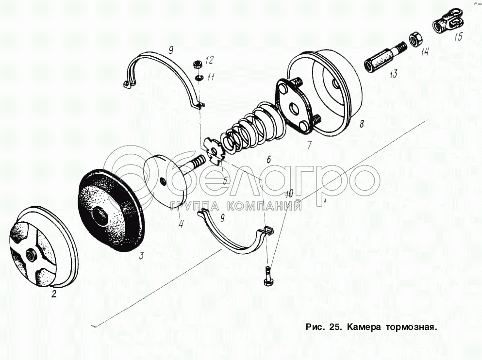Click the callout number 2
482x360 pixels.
[54, 294]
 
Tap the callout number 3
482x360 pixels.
[141, 256]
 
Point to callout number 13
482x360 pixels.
[393, 74]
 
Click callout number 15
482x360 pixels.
[458, 37]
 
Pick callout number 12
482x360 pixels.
[210, 60]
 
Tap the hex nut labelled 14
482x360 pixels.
[416, 38]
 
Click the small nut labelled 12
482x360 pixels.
[198, 64]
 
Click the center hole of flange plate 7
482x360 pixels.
[295, 108]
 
